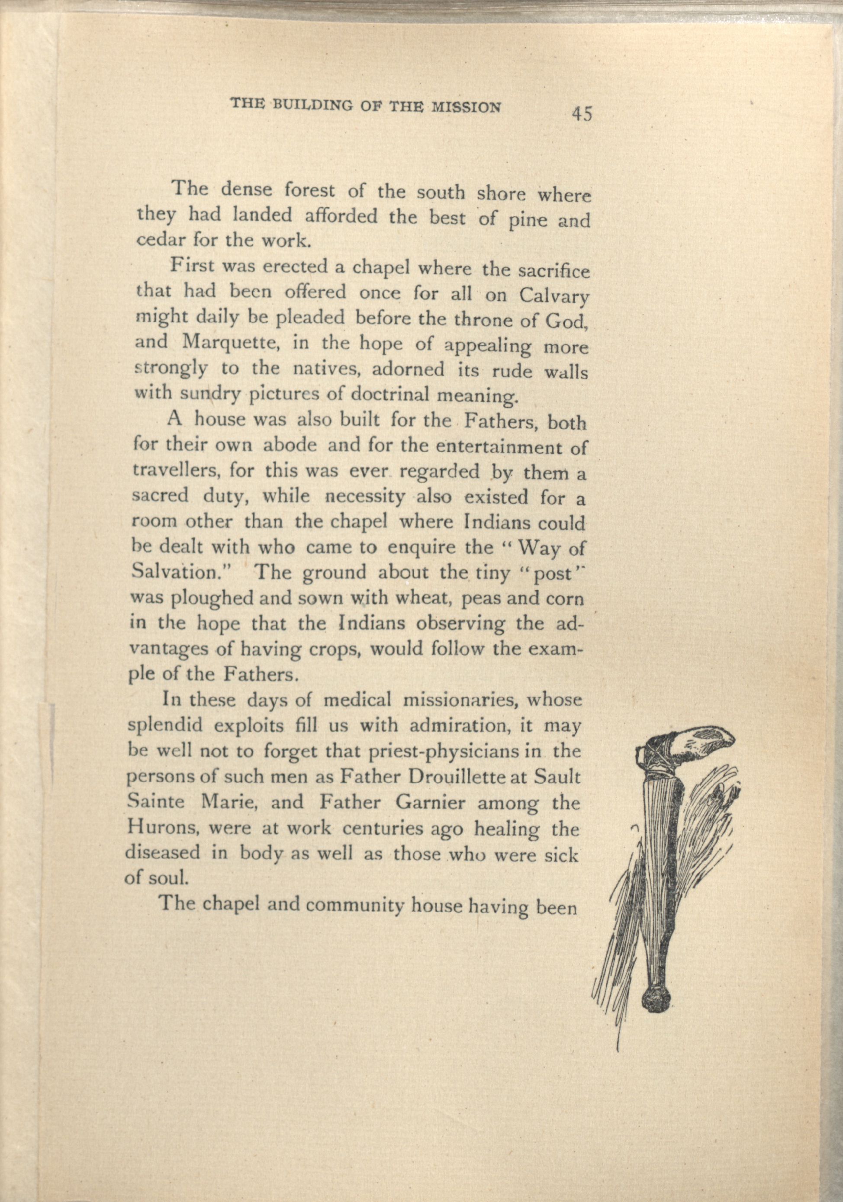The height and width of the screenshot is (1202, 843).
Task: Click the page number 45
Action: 582,114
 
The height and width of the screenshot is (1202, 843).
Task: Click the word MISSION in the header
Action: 467,107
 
